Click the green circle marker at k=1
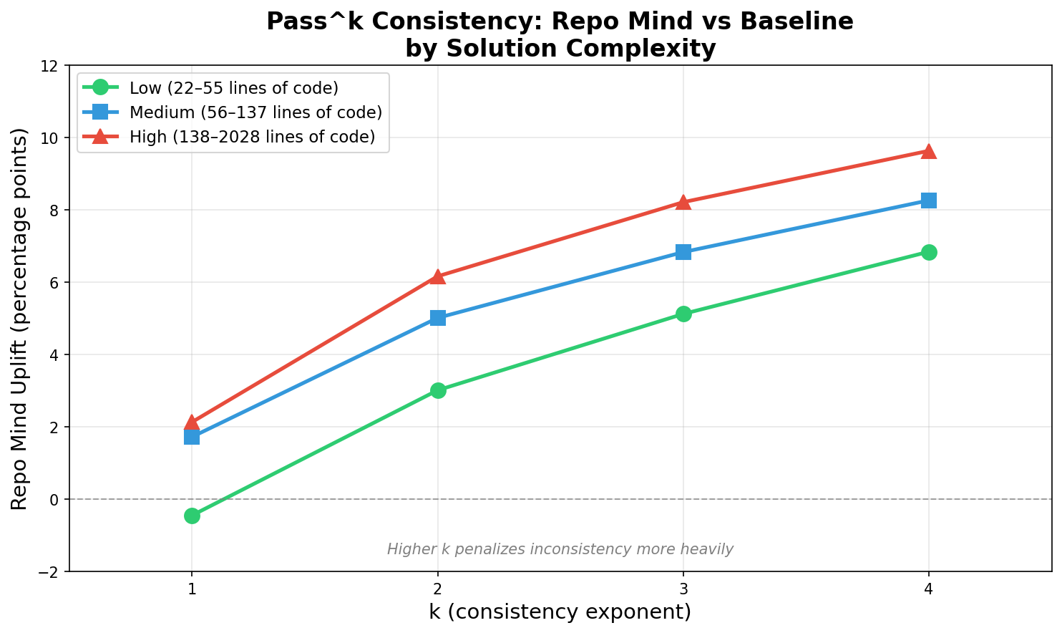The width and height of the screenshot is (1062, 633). (x=192, y=516)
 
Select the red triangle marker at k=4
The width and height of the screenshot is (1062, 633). (x=929, y=151)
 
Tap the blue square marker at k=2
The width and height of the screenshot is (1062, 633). (x=438, y=318)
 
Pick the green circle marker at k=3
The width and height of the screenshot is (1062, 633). (x=683, y=314)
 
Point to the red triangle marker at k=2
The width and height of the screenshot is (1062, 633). (x=438, y=276)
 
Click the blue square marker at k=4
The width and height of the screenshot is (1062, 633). (x=929, y=200)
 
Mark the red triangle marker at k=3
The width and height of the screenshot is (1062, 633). (x=683, y=202)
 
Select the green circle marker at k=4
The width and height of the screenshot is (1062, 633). (x=929, y=252)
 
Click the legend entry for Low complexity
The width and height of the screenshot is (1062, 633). (x=233, y=88)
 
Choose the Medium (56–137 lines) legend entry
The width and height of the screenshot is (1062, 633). (x=255, y=112)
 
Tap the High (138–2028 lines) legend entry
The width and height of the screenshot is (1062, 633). (x=252, y=137)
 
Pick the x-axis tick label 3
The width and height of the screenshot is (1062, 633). (x=683, y=589)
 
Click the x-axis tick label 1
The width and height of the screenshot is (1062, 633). (x=192, y=589)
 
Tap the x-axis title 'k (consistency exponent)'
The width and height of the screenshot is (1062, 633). (x=560, y=612)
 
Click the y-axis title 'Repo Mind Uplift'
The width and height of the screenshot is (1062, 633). (x=20, y=319)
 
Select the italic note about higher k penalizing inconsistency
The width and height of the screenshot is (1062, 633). (x=560, y=549)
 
